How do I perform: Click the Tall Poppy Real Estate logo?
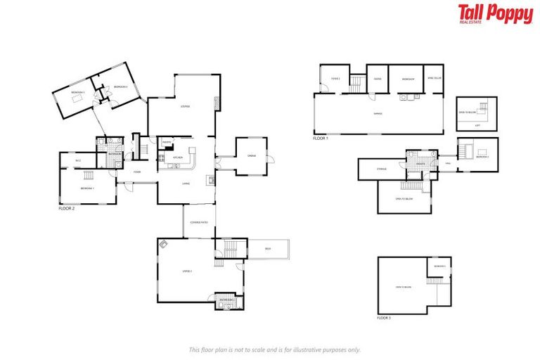(495, 14)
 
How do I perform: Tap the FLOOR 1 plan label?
(320, 139)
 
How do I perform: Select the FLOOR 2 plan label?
(67, 209)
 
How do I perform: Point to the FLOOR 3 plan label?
(384, 319)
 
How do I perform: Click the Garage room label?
(378, 113)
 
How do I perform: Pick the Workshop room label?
(407, 79)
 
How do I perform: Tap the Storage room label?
(382, 169)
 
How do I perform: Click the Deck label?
(268, 248)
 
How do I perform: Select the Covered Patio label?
(199, 222)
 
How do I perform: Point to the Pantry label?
(167, 142)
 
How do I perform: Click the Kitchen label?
(178, 157)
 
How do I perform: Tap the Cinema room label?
(251, 156)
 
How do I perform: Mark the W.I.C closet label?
(77, 161)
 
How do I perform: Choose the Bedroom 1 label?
(87, 188)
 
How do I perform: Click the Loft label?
(477, 126)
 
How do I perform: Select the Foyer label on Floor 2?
(138, 172)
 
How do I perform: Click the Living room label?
(186, 184)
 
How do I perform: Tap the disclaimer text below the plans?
(275, 349)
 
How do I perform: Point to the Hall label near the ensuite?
(448, 163)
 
